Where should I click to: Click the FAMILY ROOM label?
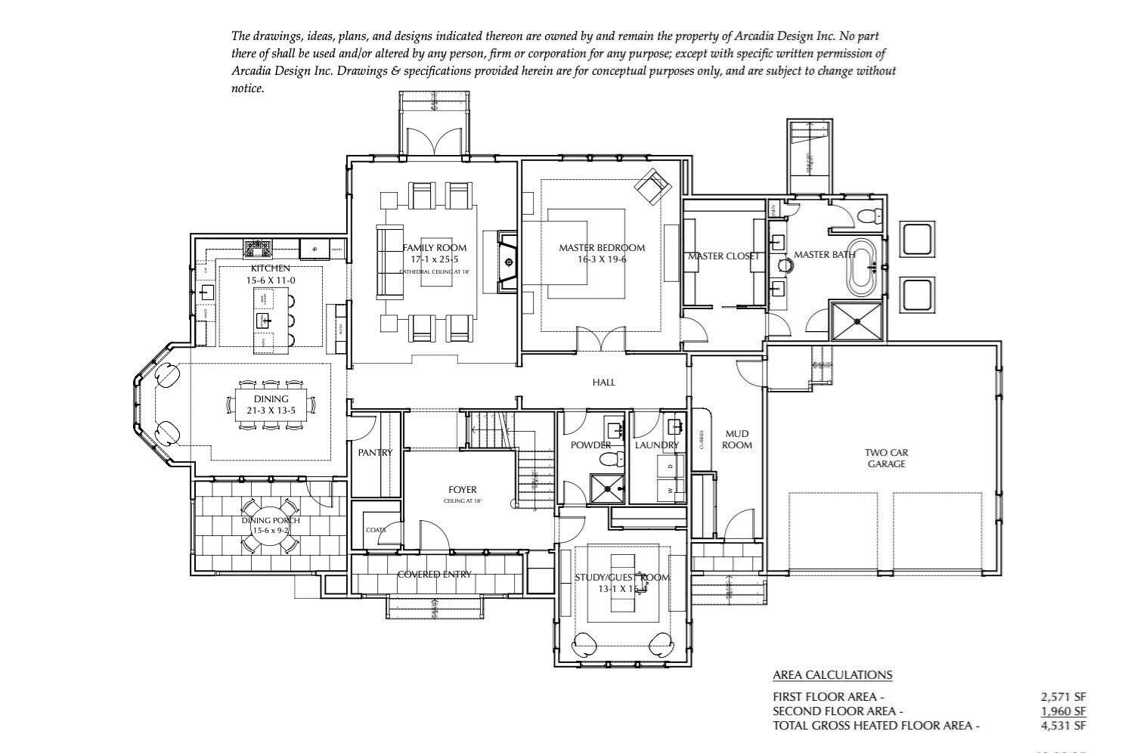(434, 247)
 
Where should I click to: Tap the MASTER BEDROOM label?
(602, 247)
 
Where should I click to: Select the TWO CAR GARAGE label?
(886, 458)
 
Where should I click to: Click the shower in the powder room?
(608, 488)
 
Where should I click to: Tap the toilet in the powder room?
(618, 458)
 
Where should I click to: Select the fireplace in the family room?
(507, 262)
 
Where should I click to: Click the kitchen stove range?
(257, 247)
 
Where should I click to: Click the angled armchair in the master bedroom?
(652, 186)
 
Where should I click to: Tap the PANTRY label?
(375, 452)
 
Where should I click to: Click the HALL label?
(603, 382)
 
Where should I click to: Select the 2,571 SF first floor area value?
(1063, 696)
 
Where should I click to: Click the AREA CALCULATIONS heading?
(832, 674)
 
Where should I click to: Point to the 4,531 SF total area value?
(1063, 726)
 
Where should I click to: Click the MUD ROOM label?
(736, 439)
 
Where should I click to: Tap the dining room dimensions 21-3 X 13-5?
(271, 411)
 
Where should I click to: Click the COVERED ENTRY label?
(434, 575)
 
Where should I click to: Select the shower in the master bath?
(857, 321)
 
